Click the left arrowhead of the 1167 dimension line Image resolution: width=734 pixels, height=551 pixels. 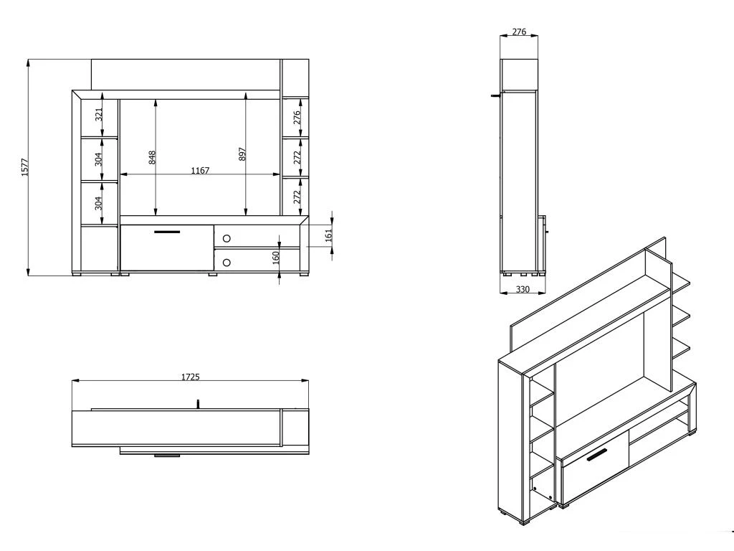[x=123, y=174]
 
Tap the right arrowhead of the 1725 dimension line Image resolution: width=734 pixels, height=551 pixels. [x=305, y=381]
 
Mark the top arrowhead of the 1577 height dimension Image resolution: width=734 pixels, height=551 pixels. [x=29, y=63]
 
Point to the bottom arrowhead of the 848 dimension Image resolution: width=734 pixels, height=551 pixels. [x=155, y=212]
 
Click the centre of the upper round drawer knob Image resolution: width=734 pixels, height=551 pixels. [x=227, y=238]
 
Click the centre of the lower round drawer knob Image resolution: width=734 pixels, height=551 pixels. [x=227, y=263]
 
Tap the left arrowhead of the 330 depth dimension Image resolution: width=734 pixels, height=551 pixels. [x=504, y=293]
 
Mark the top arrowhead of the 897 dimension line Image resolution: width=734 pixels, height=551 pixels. [x=245, y=97]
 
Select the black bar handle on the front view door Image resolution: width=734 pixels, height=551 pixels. [x=167, y=232]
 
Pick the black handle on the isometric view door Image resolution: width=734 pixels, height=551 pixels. [x=596, y=454]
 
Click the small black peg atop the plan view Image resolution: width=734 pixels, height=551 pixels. [x=198, y=403]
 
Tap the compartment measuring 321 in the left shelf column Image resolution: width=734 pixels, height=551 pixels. [x=99, y=118]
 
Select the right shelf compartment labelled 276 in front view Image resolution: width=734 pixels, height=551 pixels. [x=295, y=118]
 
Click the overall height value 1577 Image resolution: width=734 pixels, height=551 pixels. [x=25, y=168]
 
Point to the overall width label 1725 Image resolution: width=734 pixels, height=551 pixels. [x=191, y=377]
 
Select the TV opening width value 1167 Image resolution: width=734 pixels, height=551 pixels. [x=200, y=171]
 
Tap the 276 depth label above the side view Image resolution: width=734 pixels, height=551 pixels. [x=519, y=32]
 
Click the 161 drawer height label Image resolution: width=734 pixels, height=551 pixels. [x=328, y=235]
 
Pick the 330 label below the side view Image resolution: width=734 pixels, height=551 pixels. [x=523, y=290]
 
